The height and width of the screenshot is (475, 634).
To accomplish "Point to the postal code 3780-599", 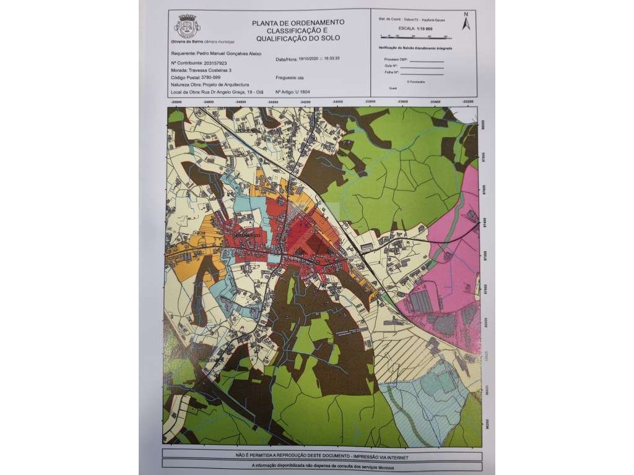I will point(212,77).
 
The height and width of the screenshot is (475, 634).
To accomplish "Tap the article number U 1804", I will point(301,92).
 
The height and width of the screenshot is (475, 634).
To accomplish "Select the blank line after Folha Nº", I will point(427,74).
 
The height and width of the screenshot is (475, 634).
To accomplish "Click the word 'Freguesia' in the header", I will point(286,78).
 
